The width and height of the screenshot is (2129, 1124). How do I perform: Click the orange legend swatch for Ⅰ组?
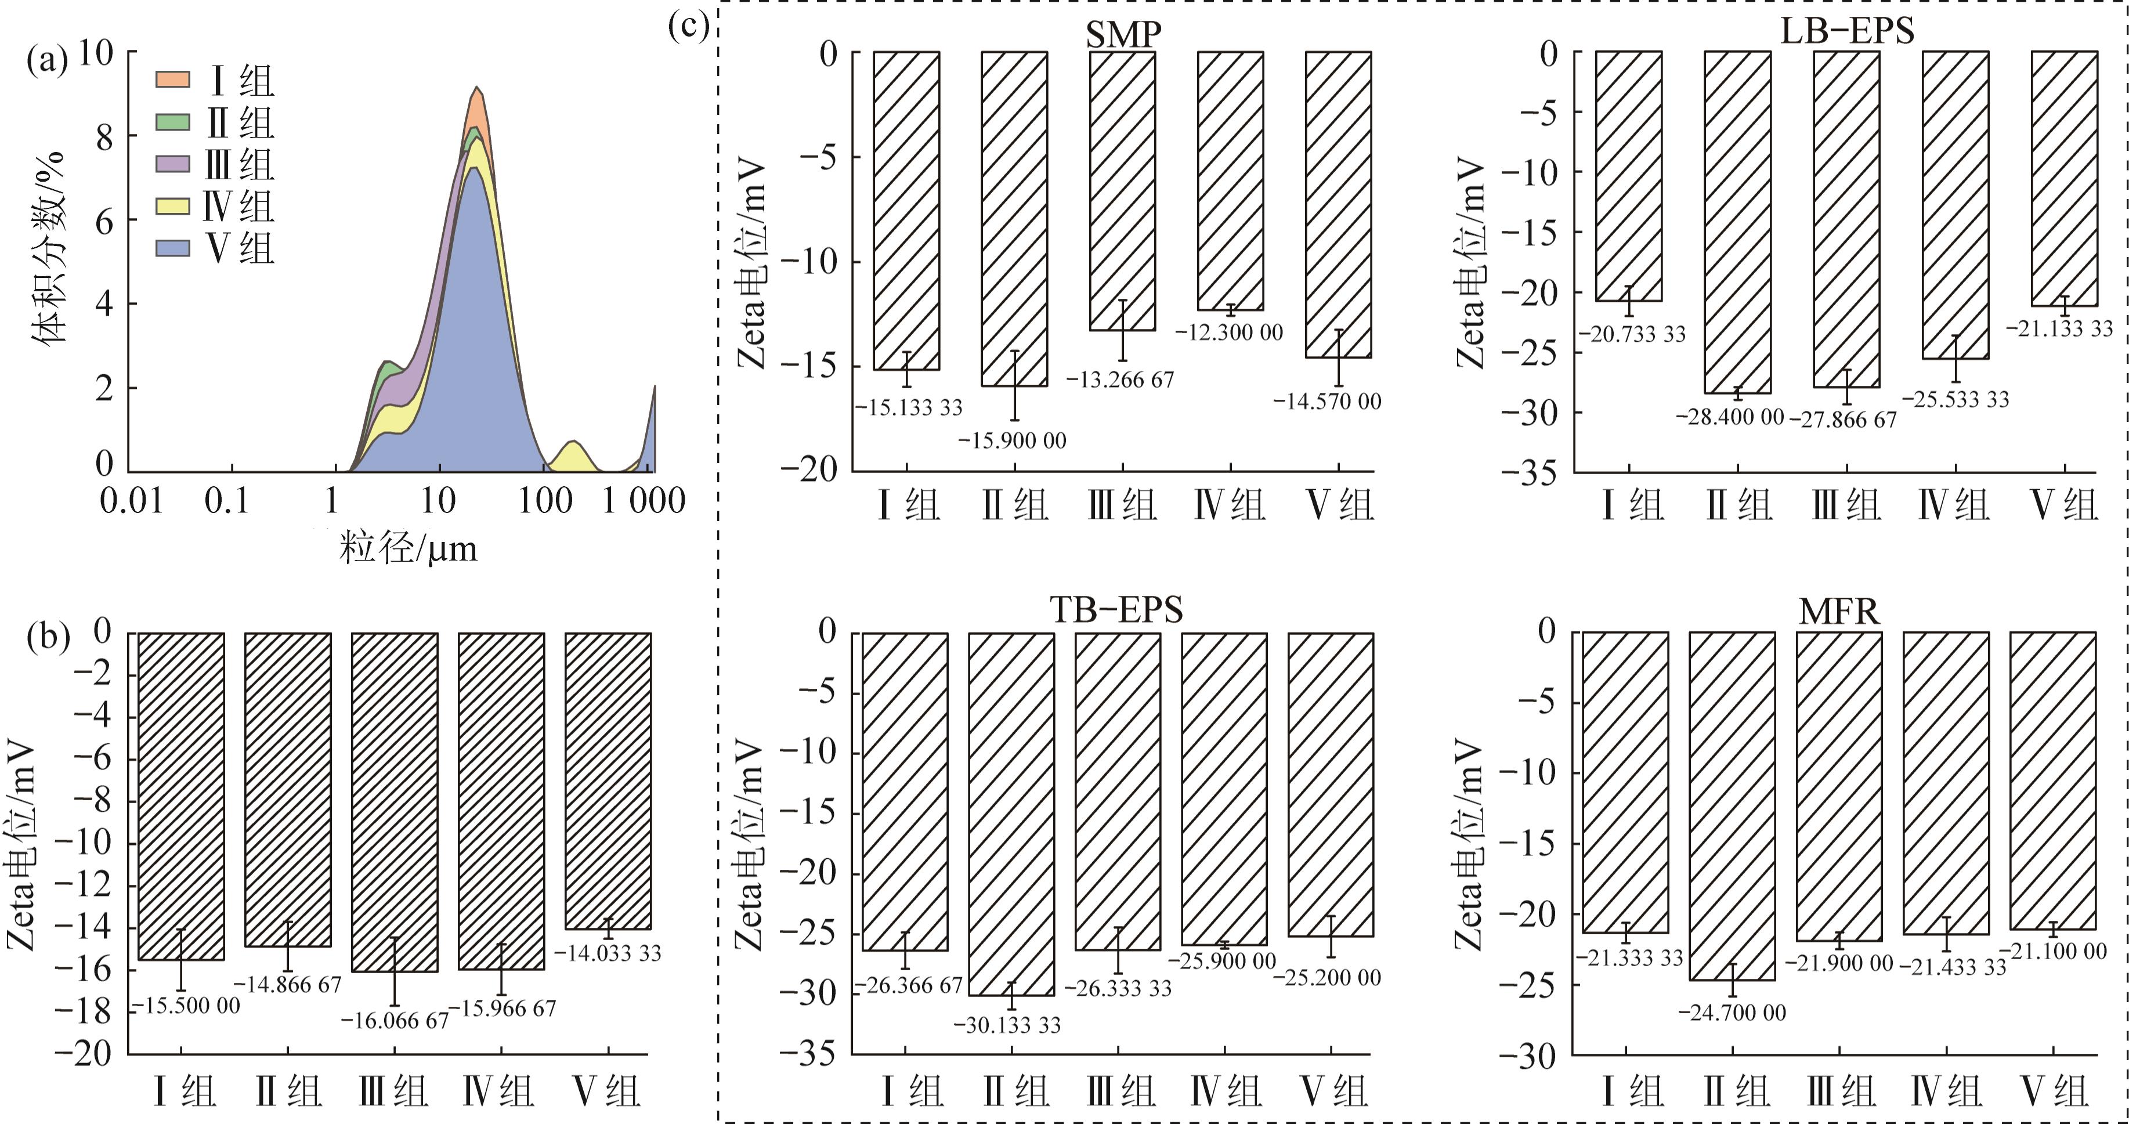(173, 80)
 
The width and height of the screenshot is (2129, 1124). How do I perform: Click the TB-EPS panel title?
(1116, 610)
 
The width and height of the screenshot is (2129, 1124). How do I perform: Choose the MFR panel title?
(1839, 612)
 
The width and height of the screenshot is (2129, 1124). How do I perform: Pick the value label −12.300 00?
(1229, 332)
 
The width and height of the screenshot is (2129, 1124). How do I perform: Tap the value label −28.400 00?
(1730, 417)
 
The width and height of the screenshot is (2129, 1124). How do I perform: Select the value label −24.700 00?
(1732, 1013)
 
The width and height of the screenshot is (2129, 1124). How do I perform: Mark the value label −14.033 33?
(608, 953)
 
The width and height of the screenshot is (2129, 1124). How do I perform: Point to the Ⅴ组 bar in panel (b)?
(608, 781)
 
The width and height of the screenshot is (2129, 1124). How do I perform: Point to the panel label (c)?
(688, 27)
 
